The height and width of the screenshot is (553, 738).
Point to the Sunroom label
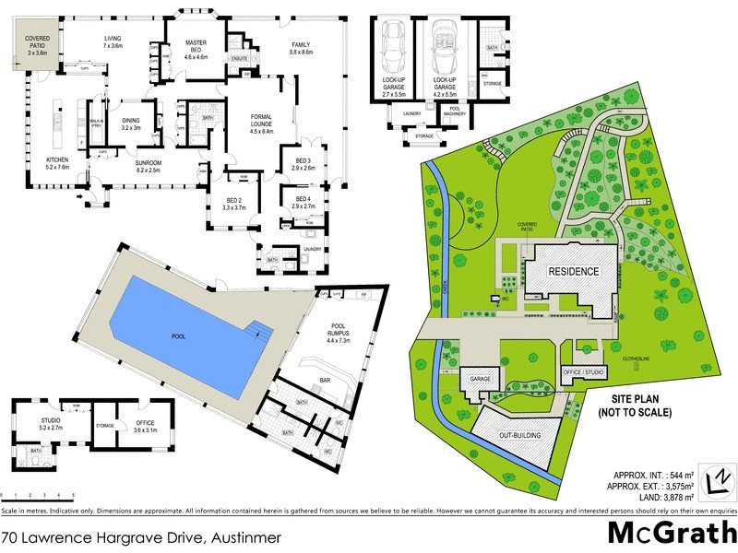tap(131, 165)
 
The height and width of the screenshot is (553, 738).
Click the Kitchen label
tap(57, 162)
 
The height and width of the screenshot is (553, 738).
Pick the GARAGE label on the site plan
tap(481, 379)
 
